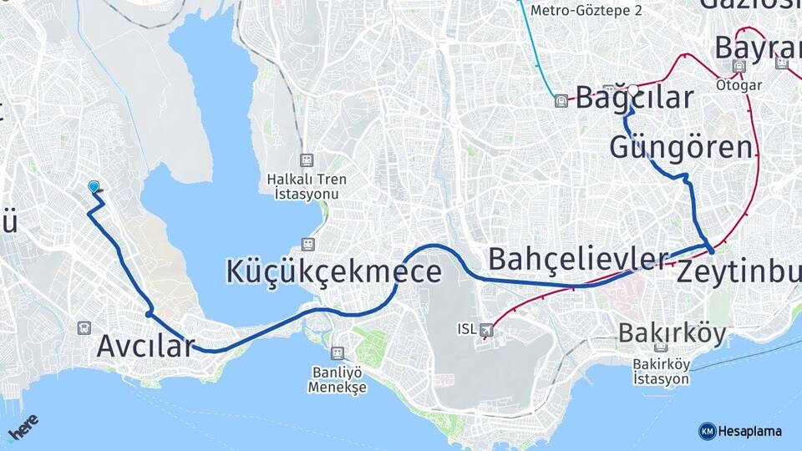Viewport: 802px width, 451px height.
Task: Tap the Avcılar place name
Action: pyautogui.click(x=145, y=345)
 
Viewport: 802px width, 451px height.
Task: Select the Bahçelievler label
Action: pyautogui.click(x=578, y=259)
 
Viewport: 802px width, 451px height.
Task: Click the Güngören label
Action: pyautogui.click(x=681, y=148)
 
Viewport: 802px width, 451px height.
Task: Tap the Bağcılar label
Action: pyautogui.click(x=635, y=98)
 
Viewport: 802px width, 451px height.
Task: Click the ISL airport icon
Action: pyautogui.click(x=487, y=329)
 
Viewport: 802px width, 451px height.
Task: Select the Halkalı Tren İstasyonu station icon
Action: pyautogui.click(x=307, y=160)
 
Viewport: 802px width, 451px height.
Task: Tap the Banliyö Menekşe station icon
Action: pyautogui.click(x=338, y=353)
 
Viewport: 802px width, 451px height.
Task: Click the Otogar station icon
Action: pyautogui.click(x=739, y=66)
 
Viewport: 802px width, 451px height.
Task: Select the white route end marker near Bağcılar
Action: pyautogui.click(x=633, y=89)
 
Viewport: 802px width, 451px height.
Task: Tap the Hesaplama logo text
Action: pyautogui.click(x=749, y=431)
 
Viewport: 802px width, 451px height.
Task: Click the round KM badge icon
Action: pyautogui.click(x=707, y=431)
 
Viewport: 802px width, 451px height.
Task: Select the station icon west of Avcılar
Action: pyautogui.click(x=84, y=328)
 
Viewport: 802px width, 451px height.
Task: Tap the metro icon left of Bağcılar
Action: pyautogui.click(x=561, y=101)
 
